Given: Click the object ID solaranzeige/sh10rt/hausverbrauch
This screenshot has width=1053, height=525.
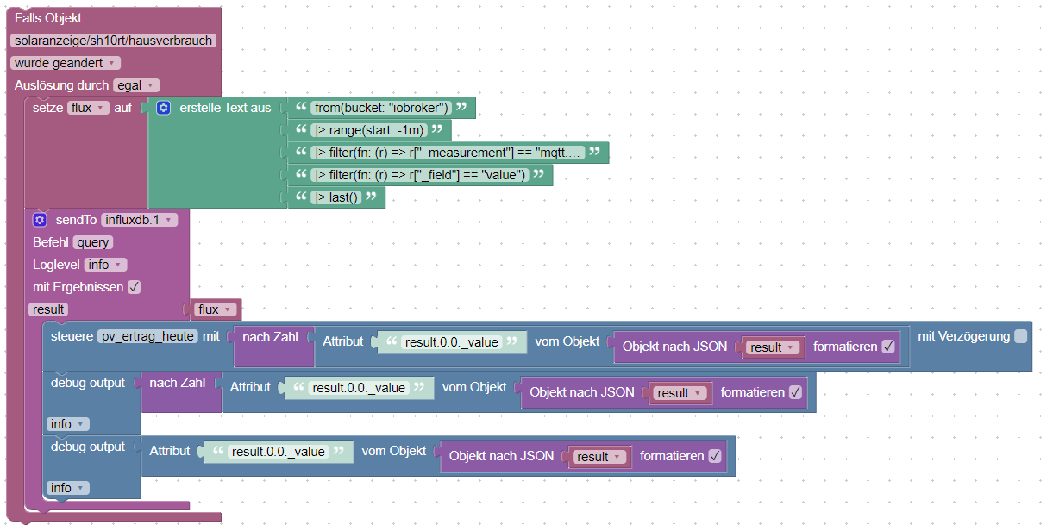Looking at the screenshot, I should point(113,41).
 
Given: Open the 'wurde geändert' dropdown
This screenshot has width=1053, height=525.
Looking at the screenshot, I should point(66,63).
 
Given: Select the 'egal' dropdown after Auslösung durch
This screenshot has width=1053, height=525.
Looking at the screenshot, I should point(136,85).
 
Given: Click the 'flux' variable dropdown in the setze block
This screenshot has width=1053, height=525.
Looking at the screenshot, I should point(88,108).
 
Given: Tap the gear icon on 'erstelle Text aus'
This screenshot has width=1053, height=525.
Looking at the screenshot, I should point(164,108).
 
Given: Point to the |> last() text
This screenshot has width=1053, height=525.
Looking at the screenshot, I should point(338,197).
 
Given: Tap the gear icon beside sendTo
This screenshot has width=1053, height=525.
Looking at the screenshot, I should point(40,220).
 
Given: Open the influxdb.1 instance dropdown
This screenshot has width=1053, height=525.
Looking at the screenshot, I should point(139,220).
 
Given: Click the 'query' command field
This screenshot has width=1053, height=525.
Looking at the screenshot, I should point(93,242).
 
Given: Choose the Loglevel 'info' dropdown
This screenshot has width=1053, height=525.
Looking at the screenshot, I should point(105,265).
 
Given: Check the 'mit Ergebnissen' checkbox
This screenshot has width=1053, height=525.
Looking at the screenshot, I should point(134,287).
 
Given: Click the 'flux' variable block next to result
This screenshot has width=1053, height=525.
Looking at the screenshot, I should point(216,309).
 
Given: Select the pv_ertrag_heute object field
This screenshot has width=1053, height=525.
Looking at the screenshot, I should point(147,336).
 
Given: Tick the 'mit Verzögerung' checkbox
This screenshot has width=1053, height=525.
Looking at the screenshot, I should point(1020,336).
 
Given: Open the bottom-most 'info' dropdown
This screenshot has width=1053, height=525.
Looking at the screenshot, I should point(67,488).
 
